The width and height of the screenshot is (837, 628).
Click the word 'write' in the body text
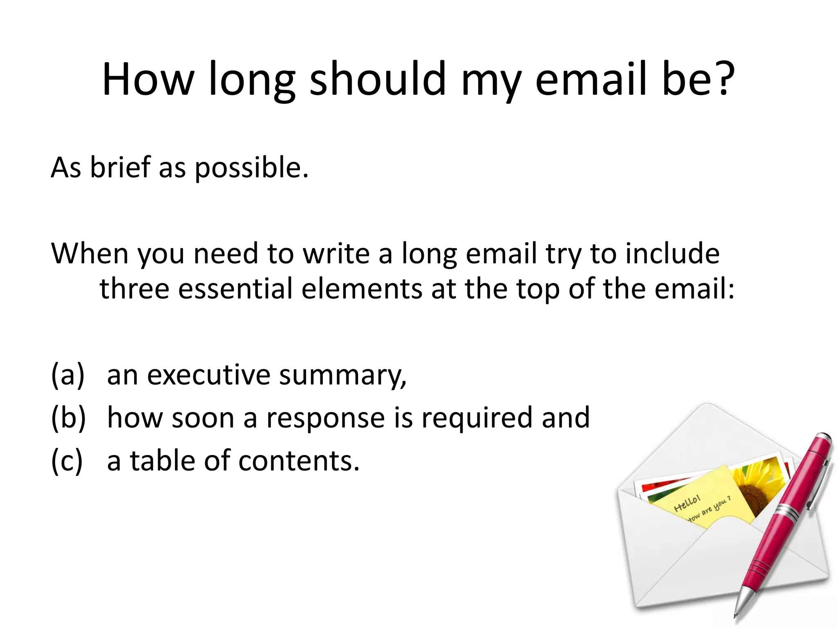[x=336, y=253]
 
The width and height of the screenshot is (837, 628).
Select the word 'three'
[x=134, y=289]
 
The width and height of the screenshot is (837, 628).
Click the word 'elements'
[x=361, y=289]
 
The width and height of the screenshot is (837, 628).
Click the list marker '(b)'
[x=68, y=418]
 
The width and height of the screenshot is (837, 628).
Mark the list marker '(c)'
[x=67, y=461]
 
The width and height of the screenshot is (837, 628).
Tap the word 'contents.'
[x=298, y=461]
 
